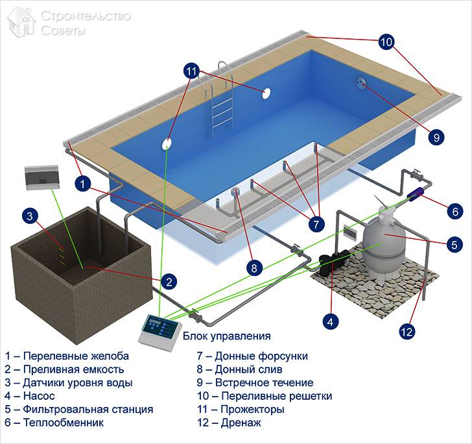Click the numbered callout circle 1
point(82,184)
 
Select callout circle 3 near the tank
point(29,216)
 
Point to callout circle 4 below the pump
point(331,320)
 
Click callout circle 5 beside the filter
point(454,244)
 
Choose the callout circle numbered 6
point(454,210)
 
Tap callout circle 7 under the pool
point(316,225)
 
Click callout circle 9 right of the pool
point(436,137)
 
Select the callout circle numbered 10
point(386,42)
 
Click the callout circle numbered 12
point(407,332)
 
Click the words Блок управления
point(226,336)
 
